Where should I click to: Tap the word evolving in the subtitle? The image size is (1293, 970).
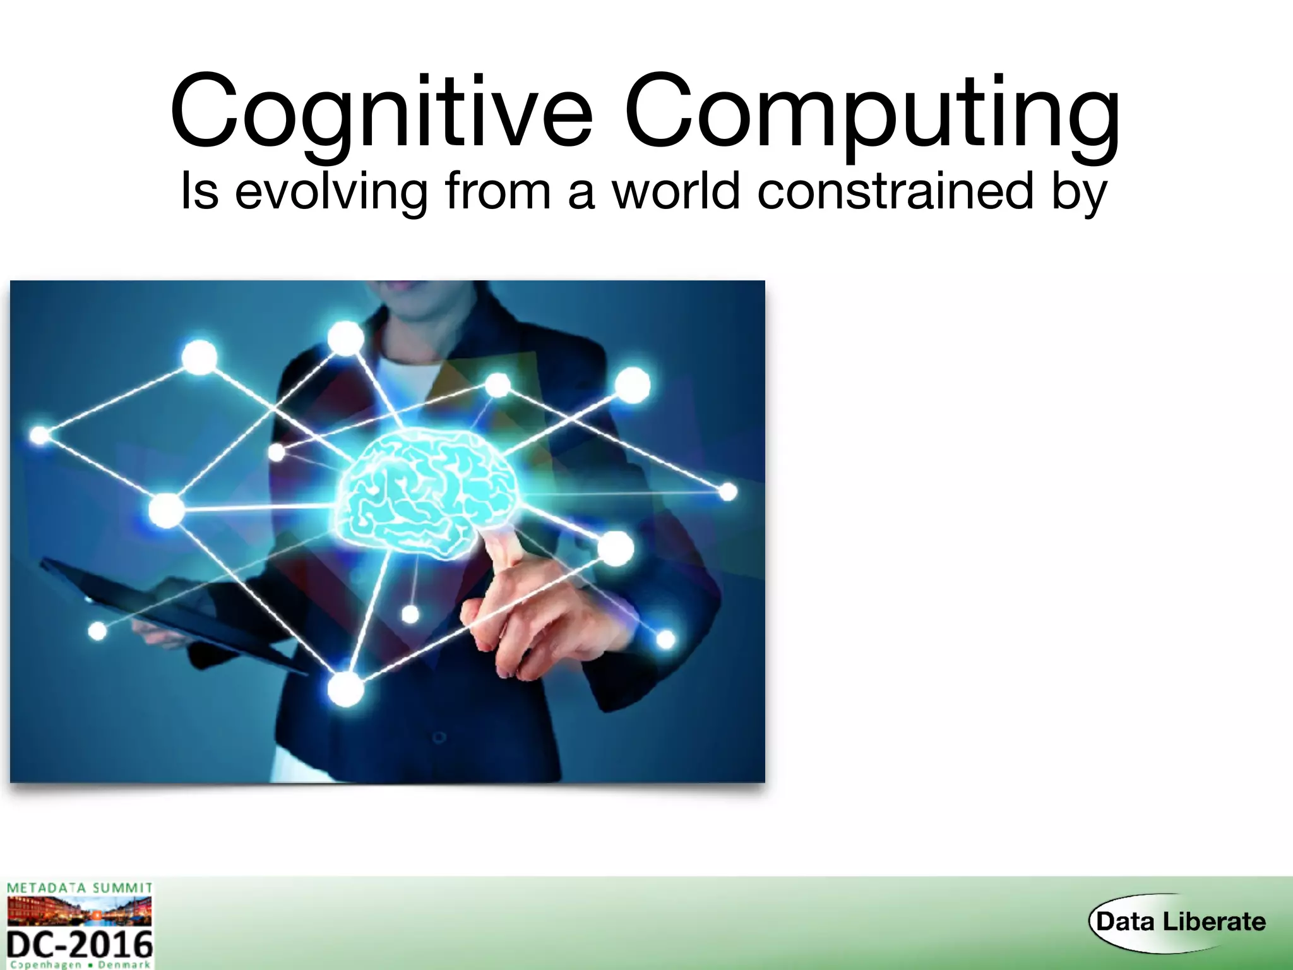331,191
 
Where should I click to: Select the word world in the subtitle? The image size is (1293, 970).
676,191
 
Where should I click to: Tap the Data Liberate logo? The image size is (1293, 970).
1180,921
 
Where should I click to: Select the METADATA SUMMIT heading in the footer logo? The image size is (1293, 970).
80,888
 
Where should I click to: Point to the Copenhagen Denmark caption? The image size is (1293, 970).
80,965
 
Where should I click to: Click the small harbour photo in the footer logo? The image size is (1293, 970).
80,911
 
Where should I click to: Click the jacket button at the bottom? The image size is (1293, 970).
439,737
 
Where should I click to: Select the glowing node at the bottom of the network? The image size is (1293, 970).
345,688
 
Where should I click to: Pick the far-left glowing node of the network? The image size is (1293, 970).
40,434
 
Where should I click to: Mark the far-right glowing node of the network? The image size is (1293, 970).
728,491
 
